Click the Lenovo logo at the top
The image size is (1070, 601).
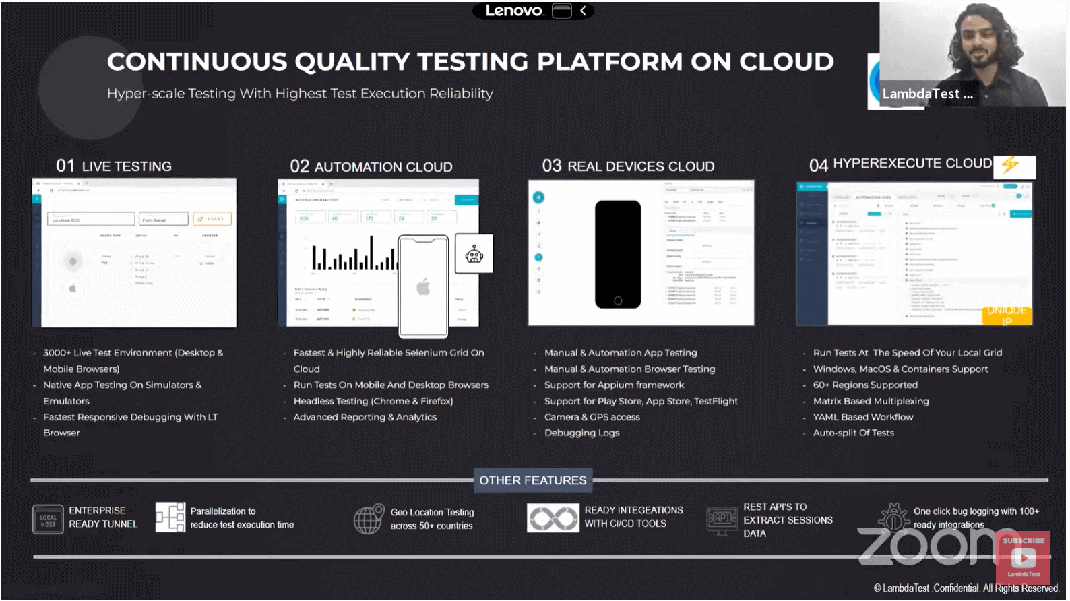coord(513,11)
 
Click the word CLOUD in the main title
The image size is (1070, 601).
coord(786,62)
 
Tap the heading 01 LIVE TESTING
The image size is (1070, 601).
coord(114,166)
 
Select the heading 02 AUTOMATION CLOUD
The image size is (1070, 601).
coord(371,166)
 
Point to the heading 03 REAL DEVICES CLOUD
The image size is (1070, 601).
coord(628,166)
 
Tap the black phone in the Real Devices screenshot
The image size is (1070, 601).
coord(617,254)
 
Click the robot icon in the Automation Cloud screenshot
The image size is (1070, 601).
coord(474,254)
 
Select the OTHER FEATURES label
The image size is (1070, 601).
coord(532,480)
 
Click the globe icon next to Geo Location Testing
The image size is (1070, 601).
coord(368,519)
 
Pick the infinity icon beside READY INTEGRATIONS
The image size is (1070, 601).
coord(553,518)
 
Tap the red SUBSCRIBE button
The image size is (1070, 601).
coord(1023,541)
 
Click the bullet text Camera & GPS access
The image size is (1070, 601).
coord(592,417)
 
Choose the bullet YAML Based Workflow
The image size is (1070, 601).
coord(862,417)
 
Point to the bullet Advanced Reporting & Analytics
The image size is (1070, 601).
coord(365,417)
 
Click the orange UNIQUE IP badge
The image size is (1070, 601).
coord(1007,315)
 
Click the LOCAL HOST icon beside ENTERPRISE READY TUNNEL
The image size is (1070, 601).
coord(48,519)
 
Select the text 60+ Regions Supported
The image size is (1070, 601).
coord(864,385)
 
